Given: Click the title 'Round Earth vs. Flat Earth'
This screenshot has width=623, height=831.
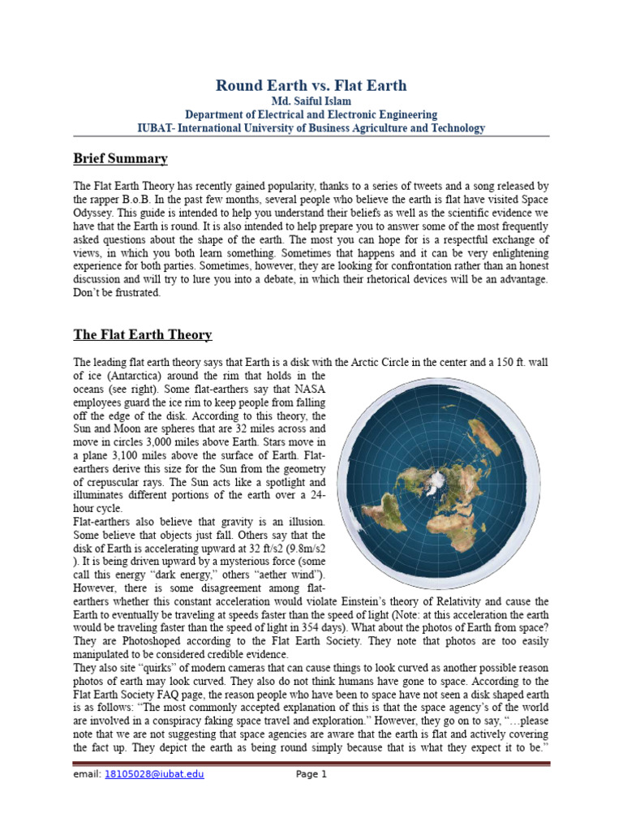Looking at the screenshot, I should tap(311, 85).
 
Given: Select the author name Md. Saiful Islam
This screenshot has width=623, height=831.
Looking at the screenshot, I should tap(311, 101).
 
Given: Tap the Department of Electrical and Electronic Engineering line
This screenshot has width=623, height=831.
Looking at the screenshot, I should tap(311, 114).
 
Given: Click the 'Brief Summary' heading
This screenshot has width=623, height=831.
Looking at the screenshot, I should tap(121, 158).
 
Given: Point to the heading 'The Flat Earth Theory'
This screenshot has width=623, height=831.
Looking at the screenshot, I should tap(143, 334).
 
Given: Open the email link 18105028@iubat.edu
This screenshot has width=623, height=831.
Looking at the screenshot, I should tap(154, 774).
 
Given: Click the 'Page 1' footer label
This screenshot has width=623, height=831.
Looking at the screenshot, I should tap(311, 774).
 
